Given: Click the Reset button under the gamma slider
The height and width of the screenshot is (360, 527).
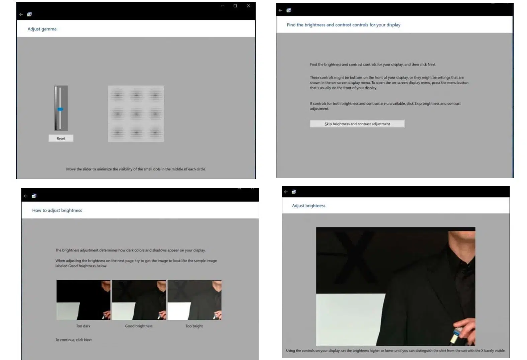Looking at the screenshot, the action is tap(61, 138).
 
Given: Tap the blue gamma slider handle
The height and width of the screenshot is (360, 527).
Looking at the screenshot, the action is tap(60, 109).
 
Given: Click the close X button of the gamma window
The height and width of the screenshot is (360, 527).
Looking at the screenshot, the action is tap(248, 6).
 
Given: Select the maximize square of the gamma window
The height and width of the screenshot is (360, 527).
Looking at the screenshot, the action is tap(235, 6).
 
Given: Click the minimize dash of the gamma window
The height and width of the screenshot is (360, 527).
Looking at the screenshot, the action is tap(222, 6).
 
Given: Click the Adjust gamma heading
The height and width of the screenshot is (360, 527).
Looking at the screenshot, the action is tap(42, 29).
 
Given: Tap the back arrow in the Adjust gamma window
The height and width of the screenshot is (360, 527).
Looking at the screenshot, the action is tap(21, 14).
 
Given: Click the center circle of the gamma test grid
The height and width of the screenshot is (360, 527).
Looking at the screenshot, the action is tap(136, 114).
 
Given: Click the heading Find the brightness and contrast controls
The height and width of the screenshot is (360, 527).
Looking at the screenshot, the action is tap(344, 25).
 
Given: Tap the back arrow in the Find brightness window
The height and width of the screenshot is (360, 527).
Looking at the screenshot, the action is tap(280, 10).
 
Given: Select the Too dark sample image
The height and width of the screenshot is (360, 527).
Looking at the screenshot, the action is tap(83, 300).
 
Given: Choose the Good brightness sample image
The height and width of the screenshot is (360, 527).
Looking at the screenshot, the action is tap(139, 300).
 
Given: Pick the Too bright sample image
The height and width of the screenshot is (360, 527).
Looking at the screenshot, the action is tap(194, 300).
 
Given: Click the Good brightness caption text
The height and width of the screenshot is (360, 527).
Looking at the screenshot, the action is tap(139, 326).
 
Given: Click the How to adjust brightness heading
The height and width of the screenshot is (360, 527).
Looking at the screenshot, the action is tap(57, 211).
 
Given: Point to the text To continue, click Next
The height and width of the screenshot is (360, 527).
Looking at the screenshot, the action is tap(74, 340).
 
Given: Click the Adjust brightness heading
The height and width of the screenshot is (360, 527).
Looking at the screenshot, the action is tap(309, 206).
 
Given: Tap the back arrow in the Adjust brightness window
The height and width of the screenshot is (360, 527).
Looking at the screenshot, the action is tap(286, 192).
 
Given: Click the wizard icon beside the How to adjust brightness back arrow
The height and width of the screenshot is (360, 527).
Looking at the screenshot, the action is tap(34, 196).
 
